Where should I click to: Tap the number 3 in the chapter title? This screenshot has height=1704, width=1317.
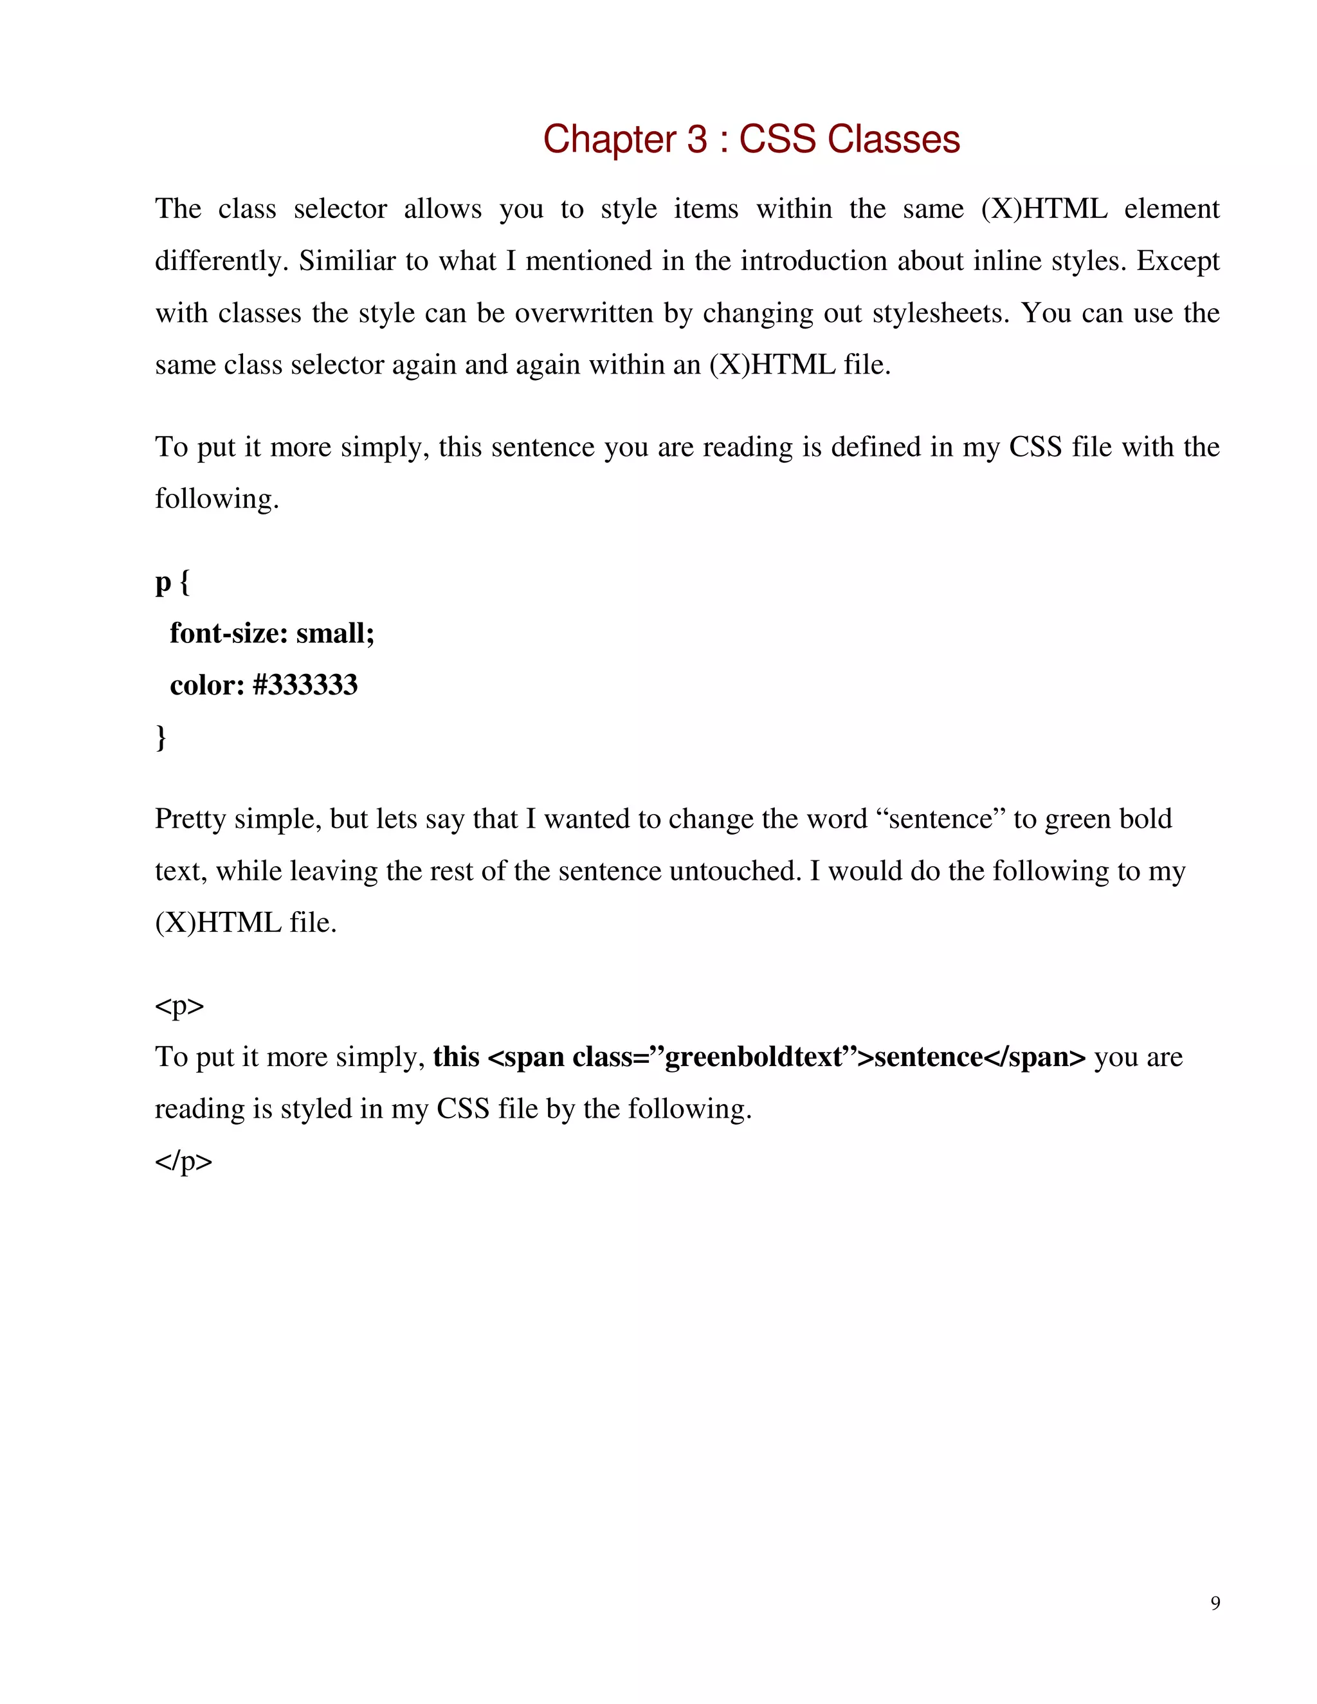696,140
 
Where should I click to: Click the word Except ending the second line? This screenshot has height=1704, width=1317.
1177,260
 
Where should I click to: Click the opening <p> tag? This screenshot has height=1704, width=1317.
179,1006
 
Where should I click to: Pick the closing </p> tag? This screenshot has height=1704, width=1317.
183,1161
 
